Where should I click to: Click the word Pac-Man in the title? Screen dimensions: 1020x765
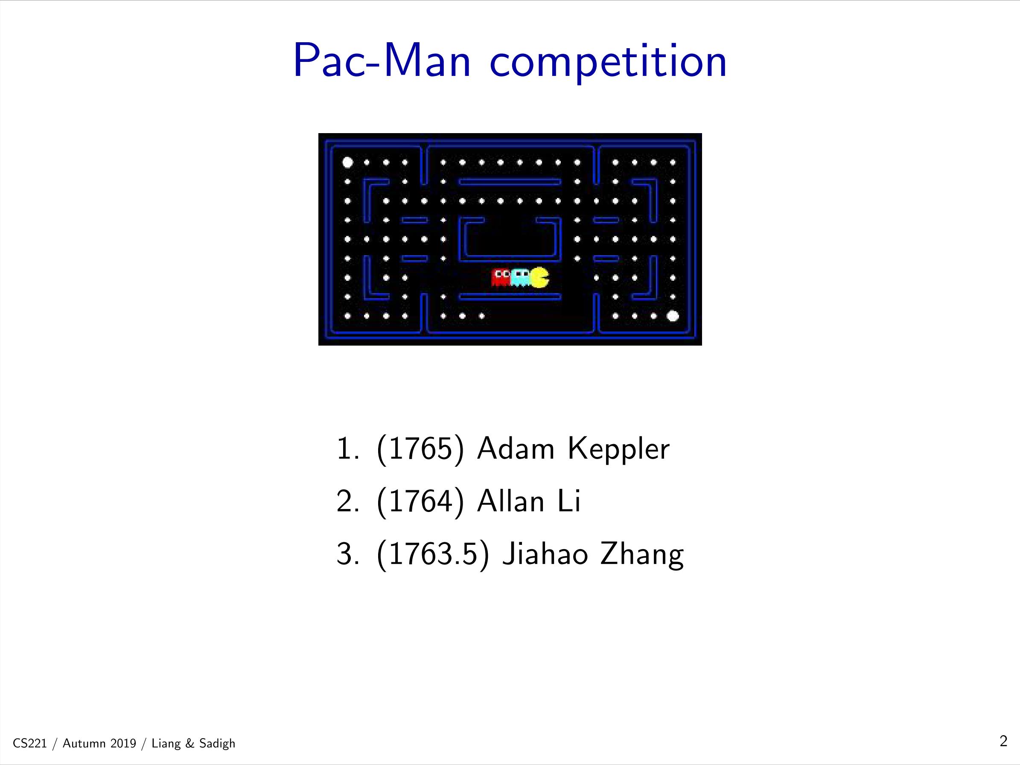coord(382,61)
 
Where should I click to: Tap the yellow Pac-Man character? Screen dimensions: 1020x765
coord(539,277)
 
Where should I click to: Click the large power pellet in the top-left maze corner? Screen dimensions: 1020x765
coord(348,162)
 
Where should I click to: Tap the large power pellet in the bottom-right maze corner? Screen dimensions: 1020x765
coord(673,316)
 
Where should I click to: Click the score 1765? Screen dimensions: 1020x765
coord(420,449)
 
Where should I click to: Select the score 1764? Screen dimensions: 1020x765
coord(420,501)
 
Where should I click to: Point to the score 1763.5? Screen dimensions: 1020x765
coord(432,554)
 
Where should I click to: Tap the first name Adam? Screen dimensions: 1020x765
coord(516,448)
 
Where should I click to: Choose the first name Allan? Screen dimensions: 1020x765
coord(511,501)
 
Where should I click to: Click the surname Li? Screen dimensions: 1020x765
coord(569,501)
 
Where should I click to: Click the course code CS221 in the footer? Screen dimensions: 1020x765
coord(30,743)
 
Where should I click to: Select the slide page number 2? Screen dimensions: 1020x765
coord(1003,741)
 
